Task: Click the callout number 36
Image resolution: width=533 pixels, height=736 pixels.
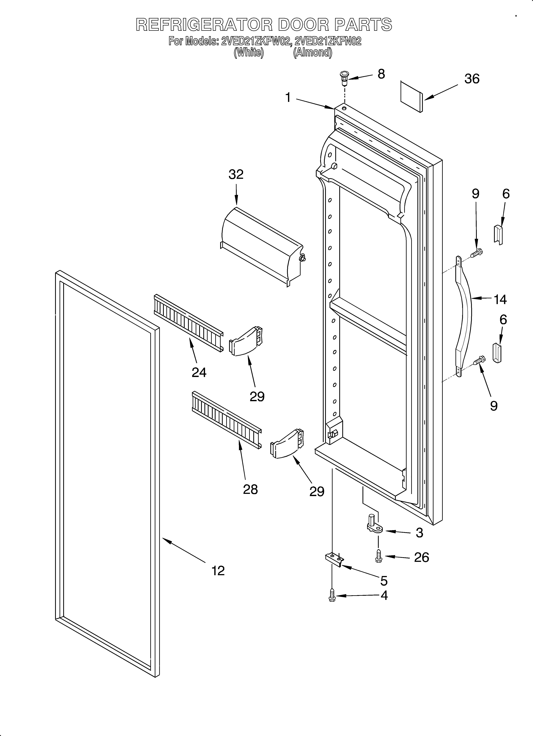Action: coord(472,79)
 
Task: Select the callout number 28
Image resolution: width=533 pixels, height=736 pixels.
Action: coord(250,489)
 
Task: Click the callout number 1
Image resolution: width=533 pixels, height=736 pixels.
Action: coord(288,97)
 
